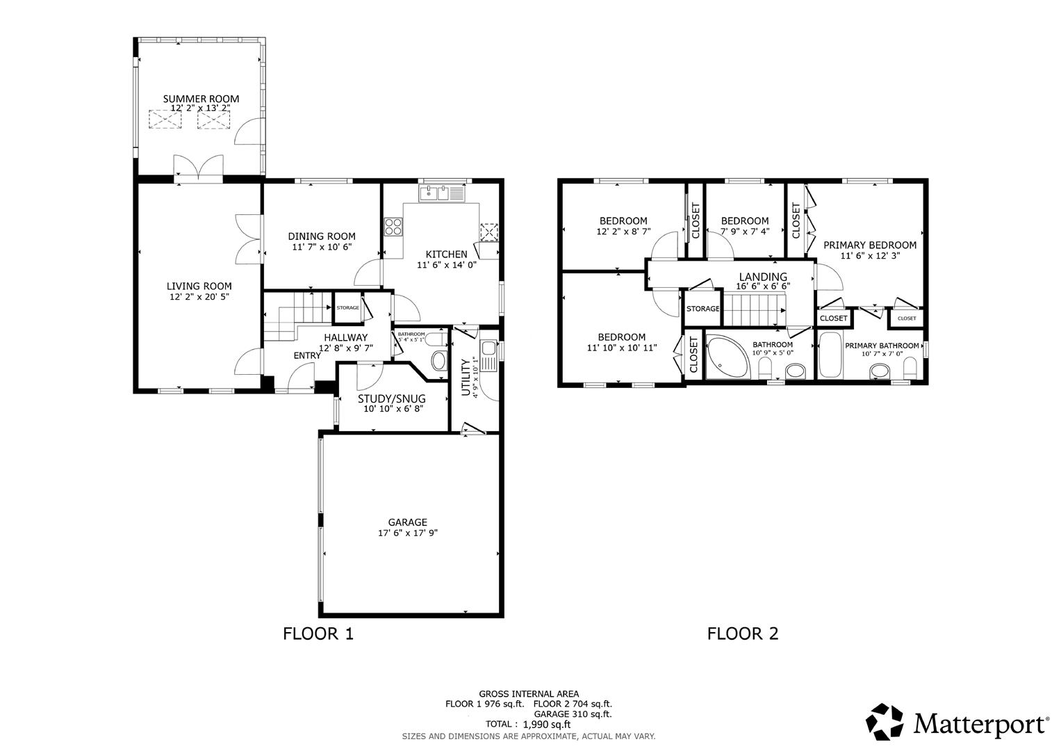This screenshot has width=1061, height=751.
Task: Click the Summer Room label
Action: coord(201,99)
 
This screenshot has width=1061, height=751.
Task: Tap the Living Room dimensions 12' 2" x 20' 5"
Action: coord(199,297)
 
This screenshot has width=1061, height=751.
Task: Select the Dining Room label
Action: coord(322,236)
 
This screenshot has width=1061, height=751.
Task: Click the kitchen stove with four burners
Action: coord(393,227)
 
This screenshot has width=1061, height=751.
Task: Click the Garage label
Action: coord(407,522)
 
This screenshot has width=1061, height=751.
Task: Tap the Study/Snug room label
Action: coord(391,398)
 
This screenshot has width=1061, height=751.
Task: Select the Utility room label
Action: coord(466,376)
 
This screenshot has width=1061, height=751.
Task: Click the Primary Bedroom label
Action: coord(869,245)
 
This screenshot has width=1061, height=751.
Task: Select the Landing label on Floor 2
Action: coord(763,277)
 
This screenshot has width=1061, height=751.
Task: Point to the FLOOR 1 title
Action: coord(318,633)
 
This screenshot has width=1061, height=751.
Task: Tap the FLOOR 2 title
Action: coord(743,633)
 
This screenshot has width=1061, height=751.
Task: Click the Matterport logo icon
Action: coord(885,722)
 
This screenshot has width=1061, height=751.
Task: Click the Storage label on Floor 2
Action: coord(702,309)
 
